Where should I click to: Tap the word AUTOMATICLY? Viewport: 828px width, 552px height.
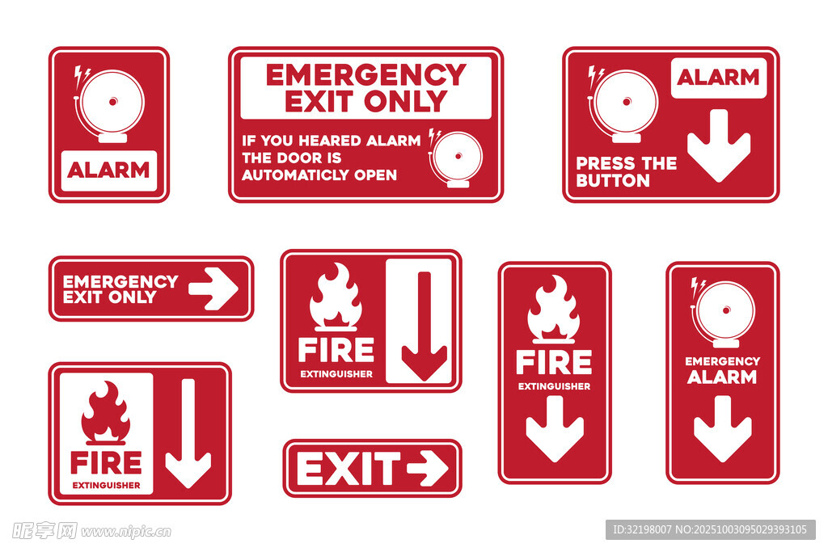click(x=296, y=175)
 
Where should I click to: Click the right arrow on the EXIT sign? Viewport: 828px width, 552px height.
click(x=428, y=468)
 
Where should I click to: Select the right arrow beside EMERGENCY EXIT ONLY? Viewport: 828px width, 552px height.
click(x=213, y=289)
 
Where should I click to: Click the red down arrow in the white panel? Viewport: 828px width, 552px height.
click(x=424, y=326)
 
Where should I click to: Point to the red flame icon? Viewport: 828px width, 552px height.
click(x=106, y=412)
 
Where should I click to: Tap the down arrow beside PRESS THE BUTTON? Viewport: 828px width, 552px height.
click(x=719, y=145)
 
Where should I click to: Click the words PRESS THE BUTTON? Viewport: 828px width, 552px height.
click(x=627, y=172)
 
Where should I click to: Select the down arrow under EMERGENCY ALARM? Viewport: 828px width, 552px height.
click(x=722, y=429)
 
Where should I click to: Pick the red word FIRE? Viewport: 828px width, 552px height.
click(x=106, y=463)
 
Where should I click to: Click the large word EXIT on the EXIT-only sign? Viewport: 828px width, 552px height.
click(x=349, y=469)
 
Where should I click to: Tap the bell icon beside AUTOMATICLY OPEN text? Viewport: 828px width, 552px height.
click(x=455, y=158)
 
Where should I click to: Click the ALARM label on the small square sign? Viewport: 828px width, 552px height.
click(x=109, y=170)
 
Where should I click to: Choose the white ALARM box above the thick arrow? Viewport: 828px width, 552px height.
click(x=718, y=78)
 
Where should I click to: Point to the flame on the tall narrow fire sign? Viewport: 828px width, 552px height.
click(x=553, y=310)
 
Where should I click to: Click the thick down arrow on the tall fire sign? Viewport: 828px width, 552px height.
click(x=555, y=429)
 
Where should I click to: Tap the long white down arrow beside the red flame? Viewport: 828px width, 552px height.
click(x=188, y=433)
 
